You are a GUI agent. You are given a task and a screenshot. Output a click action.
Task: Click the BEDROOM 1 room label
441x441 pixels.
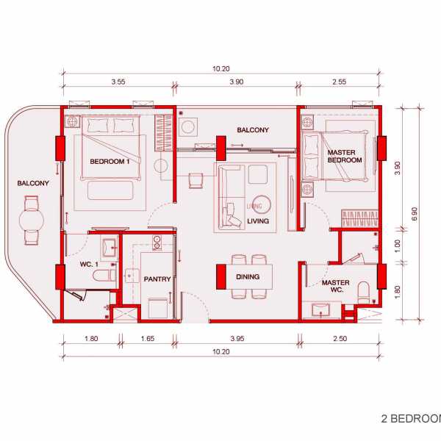pyautogui.click(x=110, y=162)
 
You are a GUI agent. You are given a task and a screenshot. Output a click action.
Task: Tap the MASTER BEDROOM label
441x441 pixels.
pyautogui.click(x=344, y=156)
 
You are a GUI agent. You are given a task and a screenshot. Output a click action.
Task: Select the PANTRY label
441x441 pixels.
pyautogui.click(x=157, y=279)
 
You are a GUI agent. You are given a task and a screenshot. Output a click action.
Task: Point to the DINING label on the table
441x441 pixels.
pyautogui.click(x=248, y=277)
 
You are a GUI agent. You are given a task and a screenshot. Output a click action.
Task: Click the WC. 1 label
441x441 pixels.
pyautogui.click(x=89, y=265)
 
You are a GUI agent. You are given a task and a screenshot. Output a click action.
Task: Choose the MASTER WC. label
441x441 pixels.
pyautogui.click(x=336, y=286)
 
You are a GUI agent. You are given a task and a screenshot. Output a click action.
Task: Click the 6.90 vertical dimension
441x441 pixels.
pyautogui.click(x=415, y=214)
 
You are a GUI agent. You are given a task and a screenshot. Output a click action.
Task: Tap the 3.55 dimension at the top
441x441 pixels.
pyautogui.click(x=118, y=82)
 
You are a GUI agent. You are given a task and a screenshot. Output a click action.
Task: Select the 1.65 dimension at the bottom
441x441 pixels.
pyautogui.click(x=148, y=338)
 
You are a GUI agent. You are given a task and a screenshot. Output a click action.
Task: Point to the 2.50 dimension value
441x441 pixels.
pyautogui.click(x=340, y=338)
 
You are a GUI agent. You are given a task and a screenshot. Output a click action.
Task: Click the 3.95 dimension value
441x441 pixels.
pyautogui.click(x=237, y=338)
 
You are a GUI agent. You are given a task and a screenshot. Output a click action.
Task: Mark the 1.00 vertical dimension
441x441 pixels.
pyautogui.click(x=397, y=246)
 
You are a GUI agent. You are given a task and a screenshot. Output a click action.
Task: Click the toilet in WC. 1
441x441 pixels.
pyautogui.click(x=104, y=276)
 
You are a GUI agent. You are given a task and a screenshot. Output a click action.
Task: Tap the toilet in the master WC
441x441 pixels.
pyautogui.click(x=363, y=293)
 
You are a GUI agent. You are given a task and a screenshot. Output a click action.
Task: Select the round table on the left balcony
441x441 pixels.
pyautogui.click(x=32, y=220)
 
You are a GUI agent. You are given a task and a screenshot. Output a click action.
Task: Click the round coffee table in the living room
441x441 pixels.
pyautogui.click(x=262, y=204)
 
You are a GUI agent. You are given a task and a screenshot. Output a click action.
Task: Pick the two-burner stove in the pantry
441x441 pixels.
pyautogui.click(x=157, y=243)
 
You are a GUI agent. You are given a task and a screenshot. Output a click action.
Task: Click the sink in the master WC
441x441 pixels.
pyautogui.click(x=320, y=310)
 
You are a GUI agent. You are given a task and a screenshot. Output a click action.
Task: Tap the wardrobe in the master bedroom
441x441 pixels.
pyautogui.click(x=359, y=218)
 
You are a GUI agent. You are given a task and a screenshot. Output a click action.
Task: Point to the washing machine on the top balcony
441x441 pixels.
pyautogui.click(x=188, y=127)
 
